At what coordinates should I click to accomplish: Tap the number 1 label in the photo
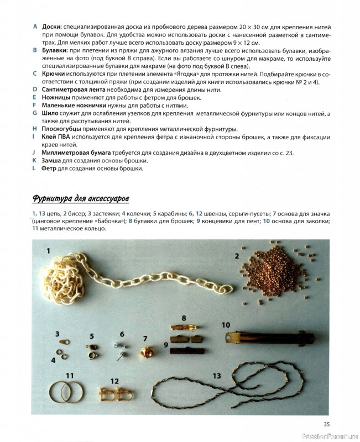click(x=49, y=252)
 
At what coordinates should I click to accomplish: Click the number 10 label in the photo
click(x=226, y=325)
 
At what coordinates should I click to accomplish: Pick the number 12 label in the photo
click(x=115, y=381)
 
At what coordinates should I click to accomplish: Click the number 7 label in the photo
click(x=145, y=339)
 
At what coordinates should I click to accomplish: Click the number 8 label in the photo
click(x=185, y=319)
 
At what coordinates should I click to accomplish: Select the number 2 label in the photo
click(x=237, y=256)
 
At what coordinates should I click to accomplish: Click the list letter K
click(x=34, y=160)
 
